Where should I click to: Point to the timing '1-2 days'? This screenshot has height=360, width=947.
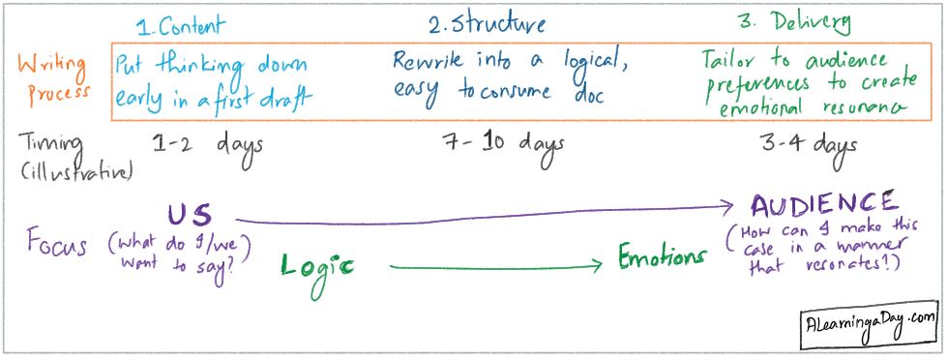point(208,145)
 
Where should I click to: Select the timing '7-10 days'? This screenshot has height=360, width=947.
point(504,144)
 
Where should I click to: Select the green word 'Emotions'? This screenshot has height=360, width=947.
point(664,259)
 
